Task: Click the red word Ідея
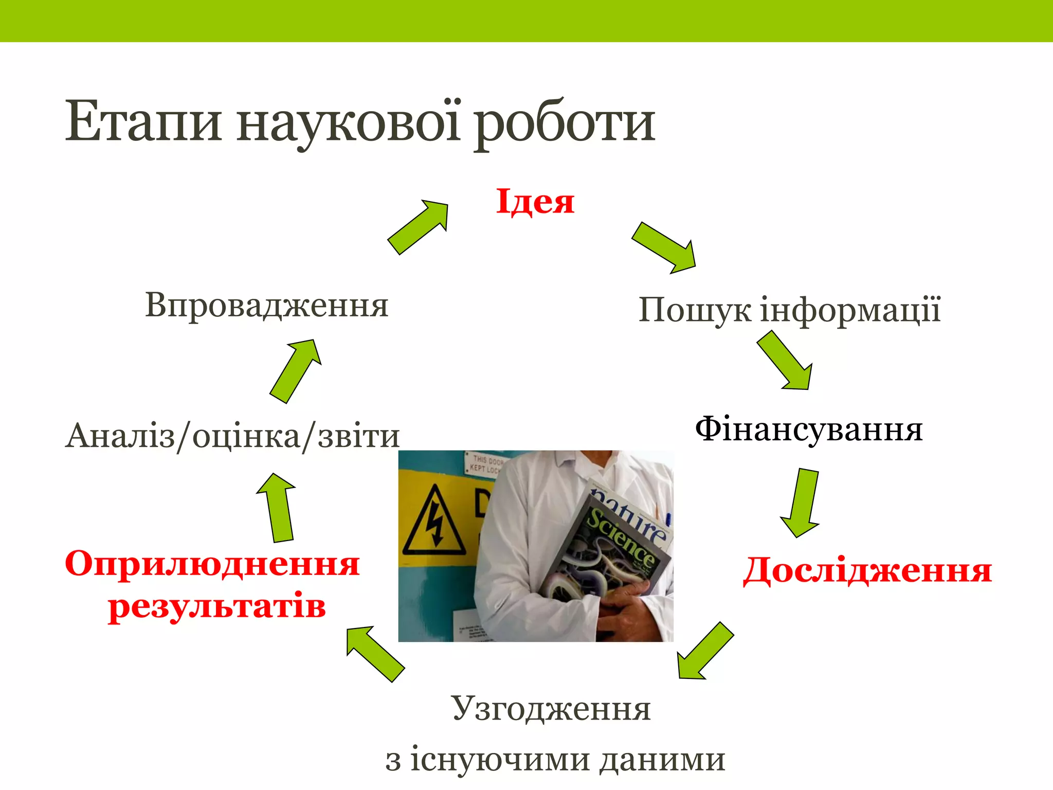[x=535, y=202]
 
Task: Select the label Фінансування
[x=809, y=430]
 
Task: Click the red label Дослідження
[x=867, y=570]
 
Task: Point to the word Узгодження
[x=551, y=709]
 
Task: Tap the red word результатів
[x=217, y=606]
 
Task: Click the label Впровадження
[x=266, y=305]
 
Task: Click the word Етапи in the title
[x=143, y=122]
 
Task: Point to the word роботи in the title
[x=564, y=123]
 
